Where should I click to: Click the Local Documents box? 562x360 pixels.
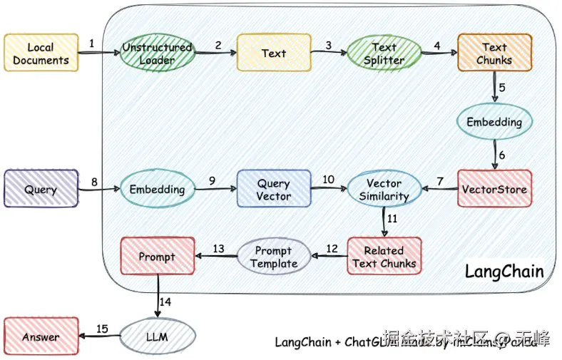pos(41,53)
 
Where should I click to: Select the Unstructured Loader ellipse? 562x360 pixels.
pos(157,53)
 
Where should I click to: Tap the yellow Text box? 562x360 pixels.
pos(274,53)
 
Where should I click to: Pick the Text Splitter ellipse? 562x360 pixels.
pos(384,53)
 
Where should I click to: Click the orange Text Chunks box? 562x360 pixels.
pos(494,53)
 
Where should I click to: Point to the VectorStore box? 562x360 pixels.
pos(494,189)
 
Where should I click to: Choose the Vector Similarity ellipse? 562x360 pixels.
pos(384,189)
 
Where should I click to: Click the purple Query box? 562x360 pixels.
pos(41,189)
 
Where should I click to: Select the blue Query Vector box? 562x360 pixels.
pos(274,189)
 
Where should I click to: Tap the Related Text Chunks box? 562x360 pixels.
pos(384,257)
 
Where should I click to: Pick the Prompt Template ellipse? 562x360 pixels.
pos(274,257)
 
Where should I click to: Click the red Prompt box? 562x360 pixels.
pos(157,257)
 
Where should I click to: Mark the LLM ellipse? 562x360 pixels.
pos(157,336)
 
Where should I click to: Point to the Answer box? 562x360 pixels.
pos(41,336)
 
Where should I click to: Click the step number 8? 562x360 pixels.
pos(93,182)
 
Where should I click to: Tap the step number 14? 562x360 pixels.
pos(165,302)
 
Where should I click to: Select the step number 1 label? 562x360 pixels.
pos(92,43)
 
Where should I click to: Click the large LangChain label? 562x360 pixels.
pos(504,272)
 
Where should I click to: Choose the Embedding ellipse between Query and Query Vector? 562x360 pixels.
pos(157,189)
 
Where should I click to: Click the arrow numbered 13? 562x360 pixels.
pos(215,257)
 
